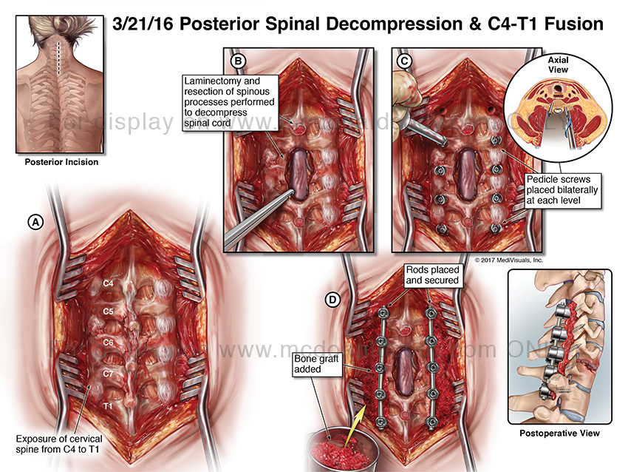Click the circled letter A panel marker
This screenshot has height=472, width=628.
click(34, 220)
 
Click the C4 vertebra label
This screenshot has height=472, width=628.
click(108, 283)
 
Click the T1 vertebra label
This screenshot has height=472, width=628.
click(108, 407)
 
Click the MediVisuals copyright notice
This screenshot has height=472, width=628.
click(508, 260)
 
